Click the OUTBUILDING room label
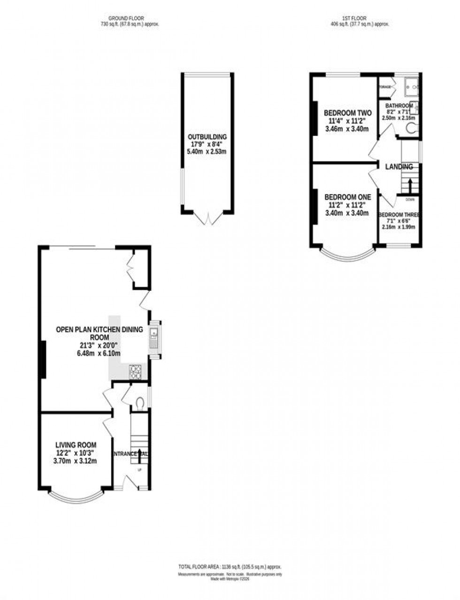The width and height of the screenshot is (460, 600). pyautogui.click(x=207, y=137)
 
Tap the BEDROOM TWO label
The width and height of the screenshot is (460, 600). pyautogui.click(x=348, y=113)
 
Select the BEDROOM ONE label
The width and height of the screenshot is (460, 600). pyautogui.click(x=348, y=197)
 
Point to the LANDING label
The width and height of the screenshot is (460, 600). pyautogui.click(x=399, y=167)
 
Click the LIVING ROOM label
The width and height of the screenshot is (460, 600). pyautogui.click(x=76, y=445)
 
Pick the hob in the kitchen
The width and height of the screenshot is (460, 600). pyautogui.click(x=135, y=372)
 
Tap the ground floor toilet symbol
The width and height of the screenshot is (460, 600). pyautogui.click(x=139, y=403)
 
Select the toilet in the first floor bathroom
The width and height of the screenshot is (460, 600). pyautogui.click(x=412, y=129)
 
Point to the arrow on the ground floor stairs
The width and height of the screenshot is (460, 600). pyautogui.click(x=139, y=455)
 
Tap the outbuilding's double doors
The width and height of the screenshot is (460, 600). pyautogui.click(x=207, y=218)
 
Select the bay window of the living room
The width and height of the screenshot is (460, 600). pyautogui.click(x=76, y=496)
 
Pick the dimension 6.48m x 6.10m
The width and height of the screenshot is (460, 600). pyautogui.click(x=99, y=354)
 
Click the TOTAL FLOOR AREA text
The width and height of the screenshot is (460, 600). pyautogui.click(x=230, y=567)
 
